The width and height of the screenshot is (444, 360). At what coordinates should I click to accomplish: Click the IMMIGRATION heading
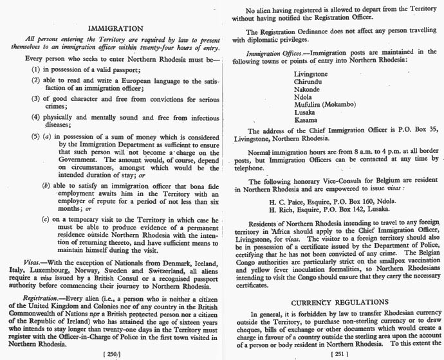pos(115,28)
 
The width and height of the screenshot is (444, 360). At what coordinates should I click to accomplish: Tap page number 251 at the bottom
pos(338,353)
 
